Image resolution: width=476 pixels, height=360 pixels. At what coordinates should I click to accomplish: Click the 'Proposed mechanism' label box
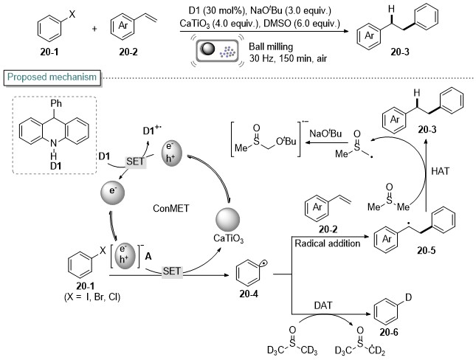click(52, 77)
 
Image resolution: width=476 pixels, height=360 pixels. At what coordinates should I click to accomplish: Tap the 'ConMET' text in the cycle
click(171, 208)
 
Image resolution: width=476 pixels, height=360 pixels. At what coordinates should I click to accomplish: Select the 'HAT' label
click(440, 171)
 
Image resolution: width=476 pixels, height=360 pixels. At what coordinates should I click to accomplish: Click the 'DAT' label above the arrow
click(323, 305)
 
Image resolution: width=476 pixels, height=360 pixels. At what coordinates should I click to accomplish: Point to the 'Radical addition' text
click(327, 243)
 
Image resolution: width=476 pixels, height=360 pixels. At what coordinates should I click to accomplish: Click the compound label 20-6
click(389, 333)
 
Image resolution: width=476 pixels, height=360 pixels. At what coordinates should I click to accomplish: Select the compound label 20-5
click(427, 250)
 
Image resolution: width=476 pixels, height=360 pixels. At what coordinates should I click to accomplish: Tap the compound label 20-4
click(249, 294)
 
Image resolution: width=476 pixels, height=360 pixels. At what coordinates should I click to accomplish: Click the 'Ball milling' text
click(271, 46)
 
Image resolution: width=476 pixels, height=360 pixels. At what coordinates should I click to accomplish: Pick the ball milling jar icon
click(217, 49)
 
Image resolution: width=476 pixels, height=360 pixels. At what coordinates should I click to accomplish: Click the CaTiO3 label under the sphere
click(228, 238)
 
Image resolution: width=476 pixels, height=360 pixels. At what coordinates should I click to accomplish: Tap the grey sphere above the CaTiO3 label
click(228, 220)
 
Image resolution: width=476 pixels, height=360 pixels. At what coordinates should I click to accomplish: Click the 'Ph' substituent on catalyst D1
click(56, 104)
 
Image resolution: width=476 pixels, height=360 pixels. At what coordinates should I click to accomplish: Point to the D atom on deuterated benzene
click(408, 297)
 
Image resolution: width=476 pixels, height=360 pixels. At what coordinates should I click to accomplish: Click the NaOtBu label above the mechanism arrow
click(325, 134)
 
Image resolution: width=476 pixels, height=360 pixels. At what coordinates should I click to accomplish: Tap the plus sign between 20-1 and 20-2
click(94, 29)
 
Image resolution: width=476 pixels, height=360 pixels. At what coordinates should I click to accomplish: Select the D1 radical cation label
click(152, 131)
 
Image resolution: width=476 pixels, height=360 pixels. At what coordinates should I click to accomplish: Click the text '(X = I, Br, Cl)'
click(92, 297)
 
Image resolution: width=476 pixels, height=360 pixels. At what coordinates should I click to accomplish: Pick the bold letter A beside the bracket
click(148, 257)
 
